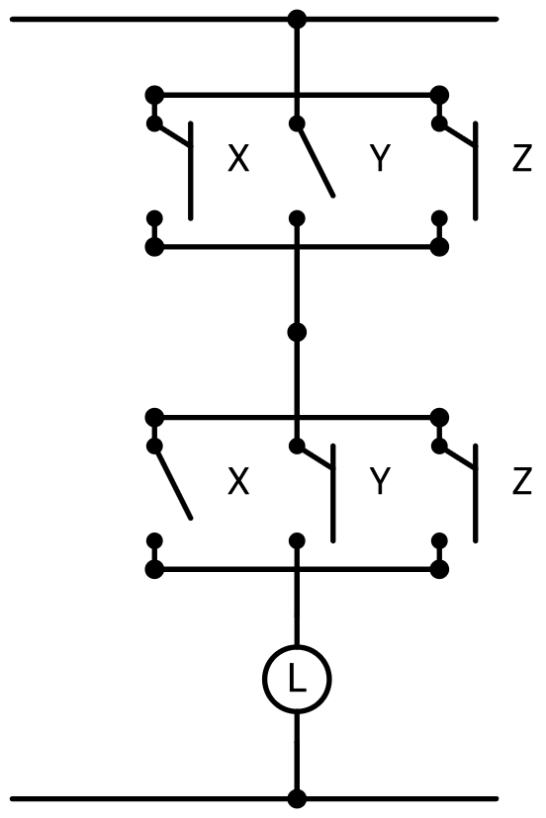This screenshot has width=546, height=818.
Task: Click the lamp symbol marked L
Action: (297, 679)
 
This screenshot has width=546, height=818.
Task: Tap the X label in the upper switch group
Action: (238, 158)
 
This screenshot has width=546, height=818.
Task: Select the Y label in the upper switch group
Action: (380, 158)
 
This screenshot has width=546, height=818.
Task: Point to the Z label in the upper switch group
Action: (522, 158)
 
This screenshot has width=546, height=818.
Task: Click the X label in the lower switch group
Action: (238, 480)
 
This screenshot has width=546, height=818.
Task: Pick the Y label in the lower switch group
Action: (380, 480)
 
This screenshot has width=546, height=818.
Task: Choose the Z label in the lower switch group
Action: (522, 480)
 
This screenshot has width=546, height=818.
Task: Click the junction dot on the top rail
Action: (297, 20)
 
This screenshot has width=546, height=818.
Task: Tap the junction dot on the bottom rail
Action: (297, 798)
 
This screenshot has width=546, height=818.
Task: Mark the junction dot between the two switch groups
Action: (297, 332)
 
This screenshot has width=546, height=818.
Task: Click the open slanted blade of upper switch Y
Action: (316, 160)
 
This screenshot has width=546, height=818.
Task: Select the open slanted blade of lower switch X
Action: (173, 482)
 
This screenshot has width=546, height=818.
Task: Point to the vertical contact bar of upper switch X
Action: (191, 171)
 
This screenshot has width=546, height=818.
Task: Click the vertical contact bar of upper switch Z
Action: (475, 171)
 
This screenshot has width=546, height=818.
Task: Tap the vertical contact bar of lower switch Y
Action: (332, 494)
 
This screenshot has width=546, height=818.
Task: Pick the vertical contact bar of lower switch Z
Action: (475, 494)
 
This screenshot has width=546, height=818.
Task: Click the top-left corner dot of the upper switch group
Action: (154, 96)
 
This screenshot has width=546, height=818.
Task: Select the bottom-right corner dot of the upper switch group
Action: (439, 247)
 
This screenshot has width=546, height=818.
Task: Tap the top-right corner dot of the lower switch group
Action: (439, 417)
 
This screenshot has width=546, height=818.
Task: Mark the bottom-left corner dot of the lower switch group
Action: (154, 569)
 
